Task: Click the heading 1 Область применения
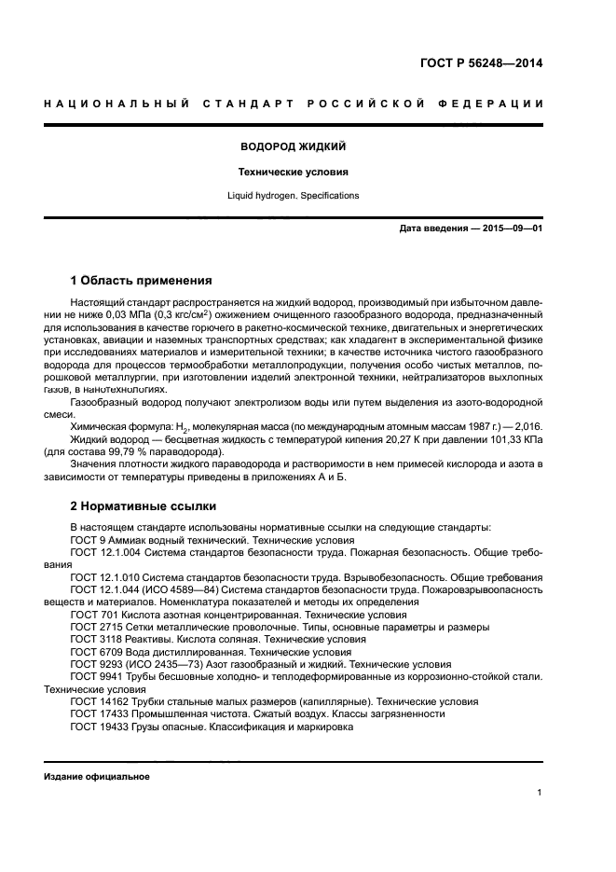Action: (x=142, y=280)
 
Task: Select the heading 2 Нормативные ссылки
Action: (x=144, y=506)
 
